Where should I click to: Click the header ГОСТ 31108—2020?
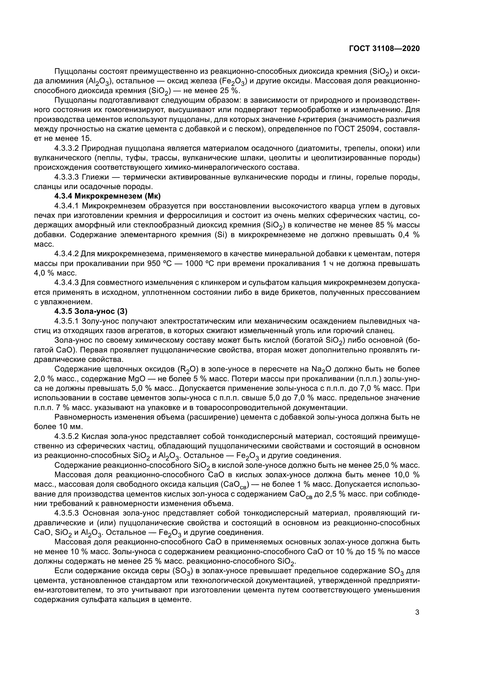[384, 48]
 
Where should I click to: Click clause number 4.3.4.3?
[67, 283]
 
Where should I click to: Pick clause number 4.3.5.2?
[67, 437]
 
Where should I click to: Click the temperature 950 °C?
[160, 263]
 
